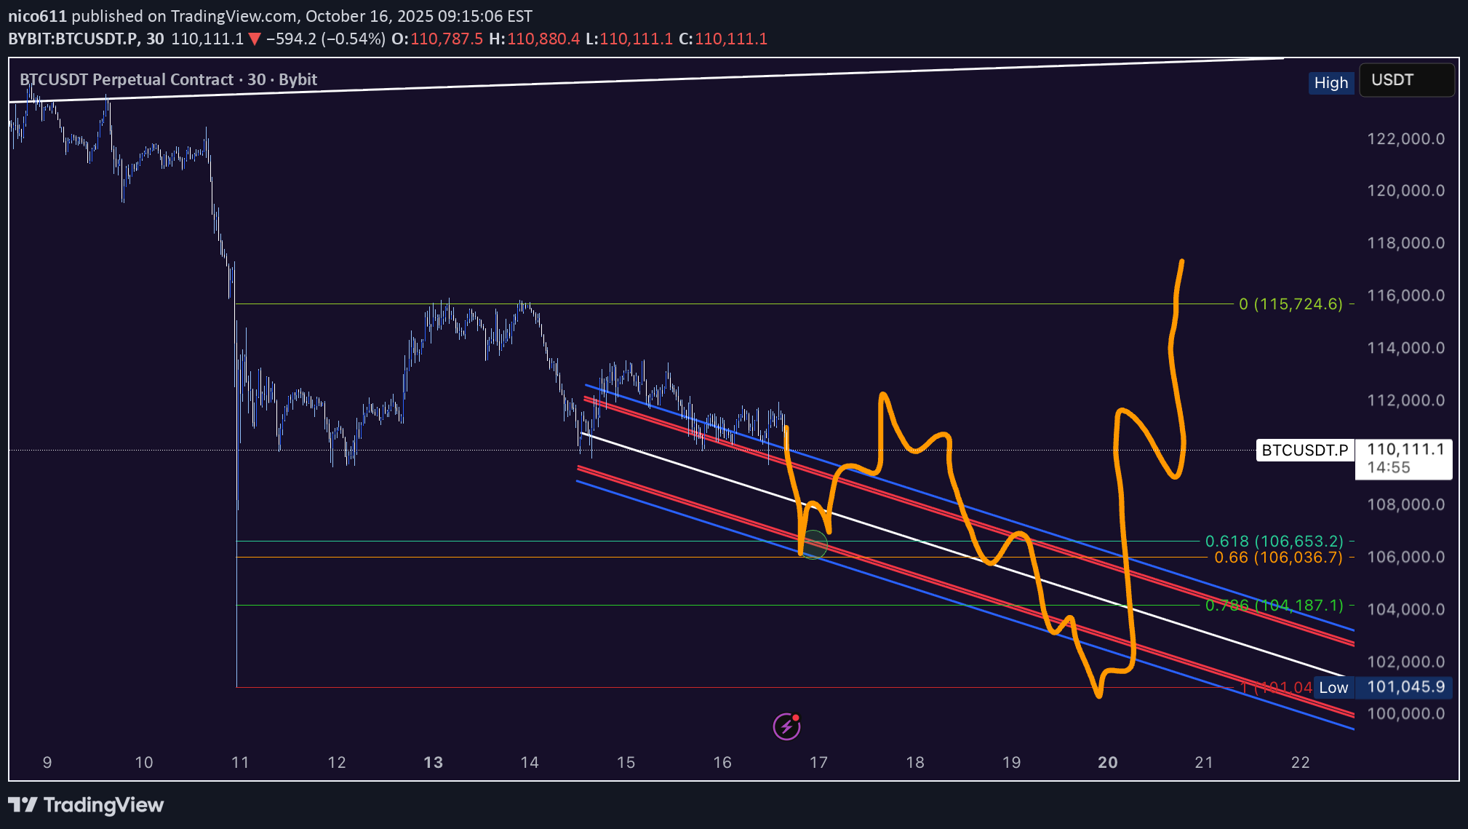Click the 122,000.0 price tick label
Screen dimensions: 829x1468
pos(1405,138)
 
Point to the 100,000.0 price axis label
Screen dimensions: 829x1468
pos(1405,713)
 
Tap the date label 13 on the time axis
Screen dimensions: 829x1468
pos(433,762)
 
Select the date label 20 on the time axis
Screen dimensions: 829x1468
pos(1107,762)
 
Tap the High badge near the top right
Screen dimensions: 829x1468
pos(1331,83)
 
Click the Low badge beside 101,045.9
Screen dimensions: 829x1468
pos(1333,687)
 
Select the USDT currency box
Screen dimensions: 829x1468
pos(1406,80)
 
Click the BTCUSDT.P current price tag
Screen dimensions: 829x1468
pos(1304,450)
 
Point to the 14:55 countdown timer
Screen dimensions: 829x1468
pos(1388,468)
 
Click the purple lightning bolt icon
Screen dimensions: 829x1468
pos(786,726)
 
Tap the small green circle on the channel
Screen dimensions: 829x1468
pos(813,544)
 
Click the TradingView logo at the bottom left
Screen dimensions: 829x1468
pos(86,804)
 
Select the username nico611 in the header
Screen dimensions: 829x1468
pos(37,16)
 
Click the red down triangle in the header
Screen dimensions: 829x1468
pos(255,39)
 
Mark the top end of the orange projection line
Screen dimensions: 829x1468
pos(1181,261)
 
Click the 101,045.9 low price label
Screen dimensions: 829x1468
pos(1405,687)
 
